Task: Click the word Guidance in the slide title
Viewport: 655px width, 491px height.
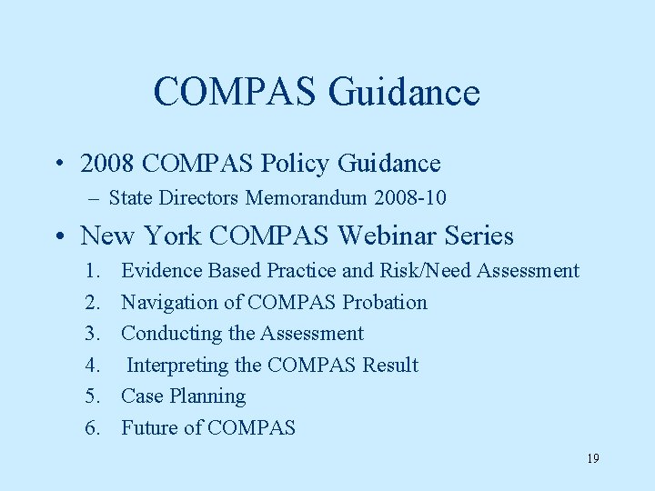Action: [404, 92]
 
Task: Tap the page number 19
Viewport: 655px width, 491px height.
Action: [592, 458]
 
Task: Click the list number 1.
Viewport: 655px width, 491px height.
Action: [93, 271]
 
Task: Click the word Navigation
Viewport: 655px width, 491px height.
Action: [169, 302]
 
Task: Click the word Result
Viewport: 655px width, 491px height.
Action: [389, 366]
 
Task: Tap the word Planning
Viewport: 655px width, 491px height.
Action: [207, 396]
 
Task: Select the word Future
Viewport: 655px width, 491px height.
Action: [150, 427]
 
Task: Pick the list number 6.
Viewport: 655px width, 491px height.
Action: [93, 427]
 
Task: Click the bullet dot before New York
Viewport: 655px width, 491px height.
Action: [59, 237]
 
